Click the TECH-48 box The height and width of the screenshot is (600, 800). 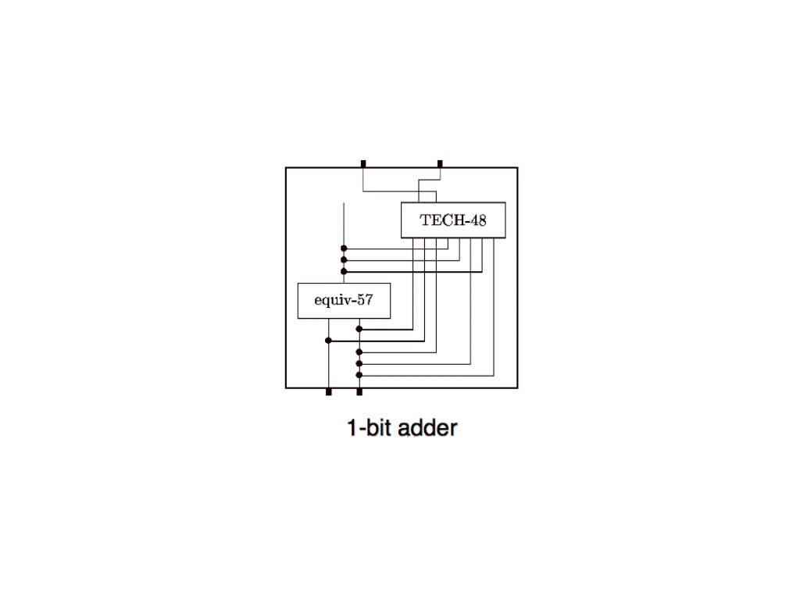click(x=453, y=220)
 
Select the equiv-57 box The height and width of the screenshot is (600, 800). click(x=344, y=301)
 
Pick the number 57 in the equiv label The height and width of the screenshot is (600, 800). click(x=365, y=301)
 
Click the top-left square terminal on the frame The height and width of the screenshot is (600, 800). click(x=363, y=163)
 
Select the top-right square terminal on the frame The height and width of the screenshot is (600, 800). click(x=440, y=163)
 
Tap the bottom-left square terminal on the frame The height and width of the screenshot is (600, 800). click(x=328, y=391)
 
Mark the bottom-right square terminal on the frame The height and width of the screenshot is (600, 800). click(x=359, y=391)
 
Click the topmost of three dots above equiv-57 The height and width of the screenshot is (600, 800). click(x=344, y=248)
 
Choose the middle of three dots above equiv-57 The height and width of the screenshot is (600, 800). click(x=344, y=260)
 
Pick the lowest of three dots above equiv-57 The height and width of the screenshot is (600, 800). click(x=344, y=271)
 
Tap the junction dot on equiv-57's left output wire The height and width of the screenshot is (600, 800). click(x=328, y=341)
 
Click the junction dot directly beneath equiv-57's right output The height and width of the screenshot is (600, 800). click(x=359, y=329)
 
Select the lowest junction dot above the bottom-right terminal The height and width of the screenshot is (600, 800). click(x=359, y=375)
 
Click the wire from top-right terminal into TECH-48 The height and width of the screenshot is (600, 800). click(x=430, y=180)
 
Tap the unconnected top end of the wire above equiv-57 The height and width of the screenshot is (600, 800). click(x=344, y=204)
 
